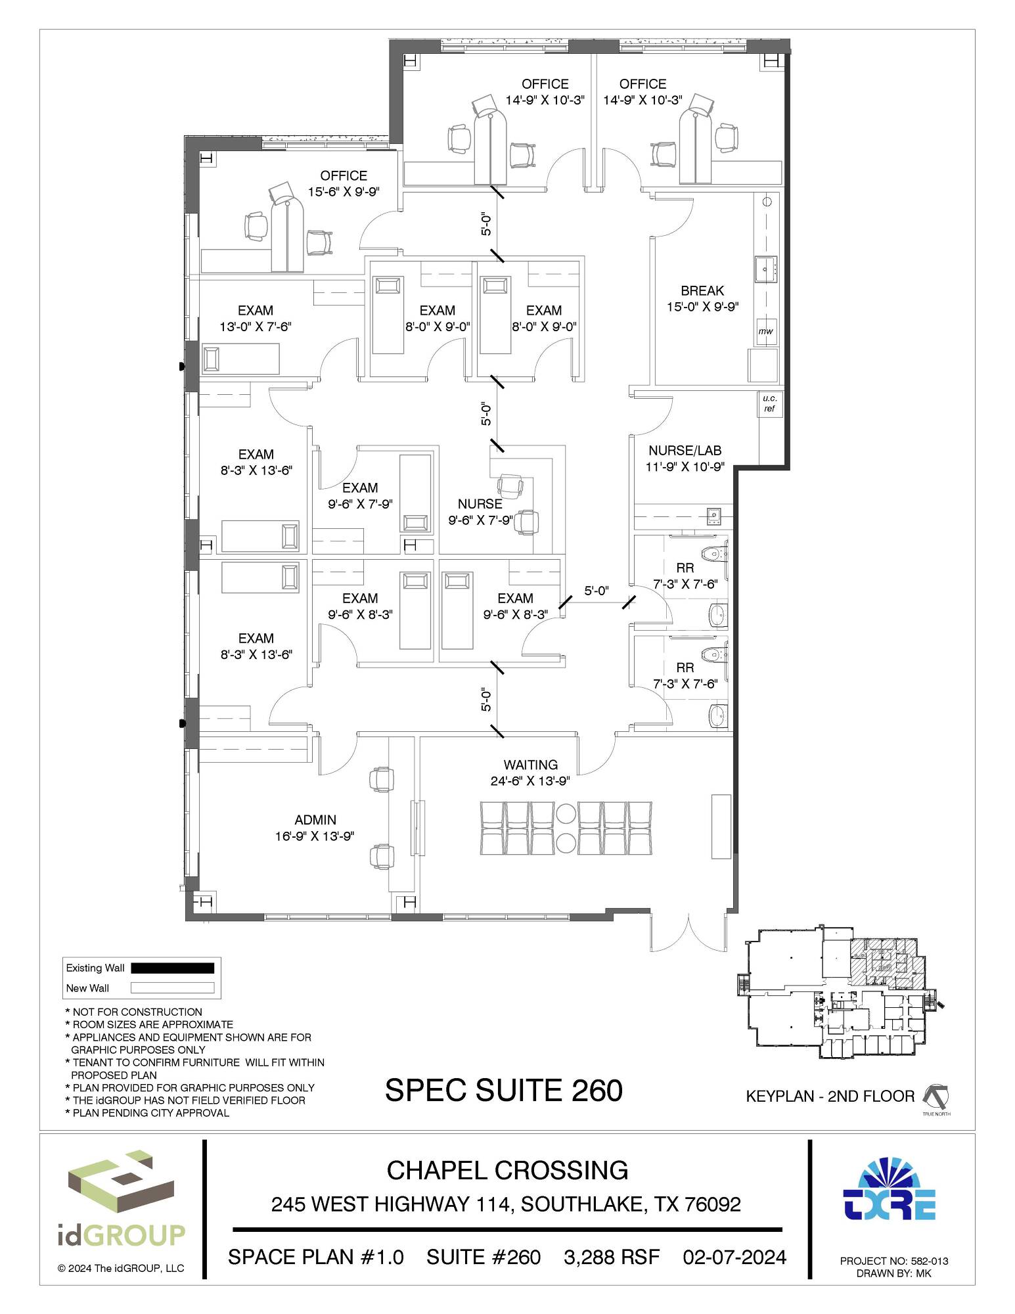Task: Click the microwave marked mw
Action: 766,331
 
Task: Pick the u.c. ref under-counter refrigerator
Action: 769,403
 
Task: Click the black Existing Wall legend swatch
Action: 173,968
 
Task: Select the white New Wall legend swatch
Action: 173,987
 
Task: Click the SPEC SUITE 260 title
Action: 504,1091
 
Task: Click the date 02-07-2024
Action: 734,1257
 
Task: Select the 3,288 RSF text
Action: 612,1257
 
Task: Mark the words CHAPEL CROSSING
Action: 507,1170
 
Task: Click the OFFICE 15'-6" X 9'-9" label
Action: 344,183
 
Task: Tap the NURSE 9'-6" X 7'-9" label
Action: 480,512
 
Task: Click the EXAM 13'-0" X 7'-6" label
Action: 256,318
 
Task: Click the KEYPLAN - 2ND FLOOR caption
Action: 830,1097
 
